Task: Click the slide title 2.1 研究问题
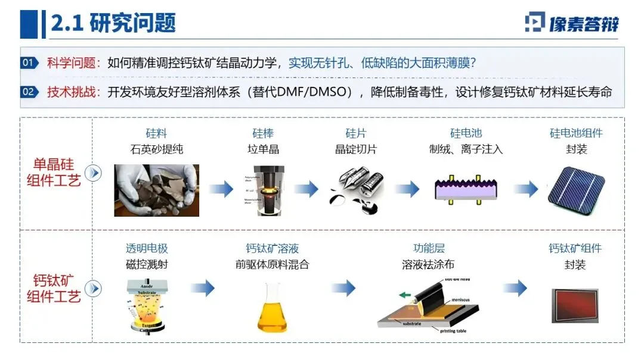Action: (x=113, y=24)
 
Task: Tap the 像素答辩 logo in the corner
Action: (x=571, y=23)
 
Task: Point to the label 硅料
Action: (x=156, y=133)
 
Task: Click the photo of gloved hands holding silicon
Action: (x=156, y=190)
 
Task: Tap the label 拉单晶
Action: (x=263, y=149)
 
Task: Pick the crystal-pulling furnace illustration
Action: (x=263, y=190)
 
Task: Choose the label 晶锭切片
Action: (x=356, y=149)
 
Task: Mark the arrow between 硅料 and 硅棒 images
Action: (x=221, y=190)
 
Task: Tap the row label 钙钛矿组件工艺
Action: (x=54, y=288)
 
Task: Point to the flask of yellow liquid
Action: (x=272, y=307)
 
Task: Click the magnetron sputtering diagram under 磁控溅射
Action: (x=147, y=305)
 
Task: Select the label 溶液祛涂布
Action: (x=429, y=264)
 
